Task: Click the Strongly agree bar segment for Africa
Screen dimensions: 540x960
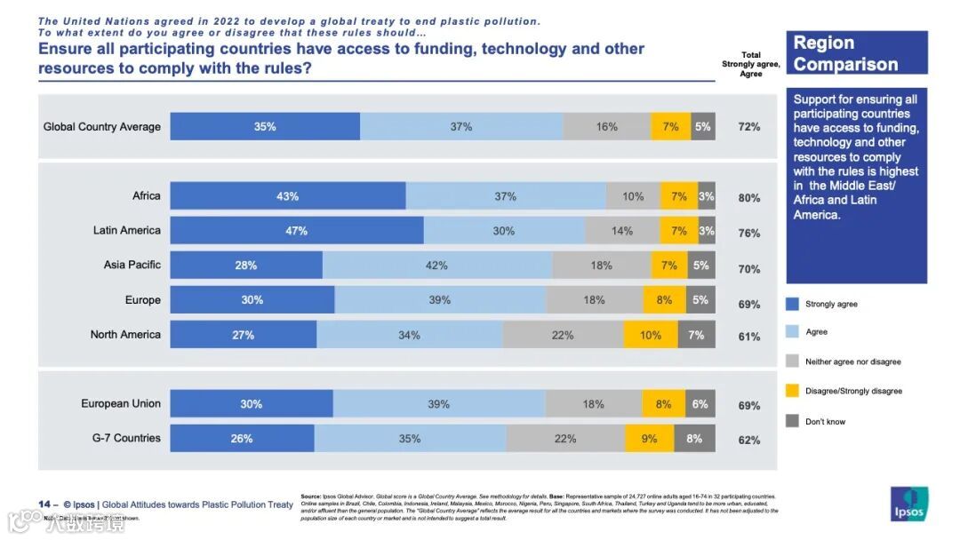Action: (x=287, y=196)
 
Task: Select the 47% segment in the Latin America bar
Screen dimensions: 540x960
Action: (x=297, y=231)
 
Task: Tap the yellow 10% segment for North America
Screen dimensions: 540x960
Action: (x=651, y=335)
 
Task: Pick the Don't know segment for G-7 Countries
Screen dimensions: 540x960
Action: (x=694, y=438)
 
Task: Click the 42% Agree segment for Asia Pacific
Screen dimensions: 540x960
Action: (x=437, y=265)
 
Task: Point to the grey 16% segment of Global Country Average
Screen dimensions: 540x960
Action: (x=607, y=126)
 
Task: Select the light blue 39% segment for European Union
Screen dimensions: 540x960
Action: (x=439, y=404)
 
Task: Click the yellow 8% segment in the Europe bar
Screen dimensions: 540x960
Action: (x=664, y=299)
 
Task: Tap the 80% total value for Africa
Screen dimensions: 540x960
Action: (x=749, y=198)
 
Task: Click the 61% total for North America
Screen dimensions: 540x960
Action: (x=749, y=337)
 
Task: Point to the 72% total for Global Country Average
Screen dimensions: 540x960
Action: (x=749, y=127)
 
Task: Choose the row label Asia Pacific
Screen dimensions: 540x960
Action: (x=132, y=265)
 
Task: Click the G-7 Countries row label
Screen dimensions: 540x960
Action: (x=126, y=438)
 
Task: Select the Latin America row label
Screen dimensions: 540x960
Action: (x=127, y=230)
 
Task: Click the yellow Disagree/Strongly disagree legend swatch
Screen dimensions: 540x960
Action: (x=792, y=391)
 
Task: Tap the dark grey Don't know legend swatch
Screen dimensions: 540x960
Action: (x=792, y=421)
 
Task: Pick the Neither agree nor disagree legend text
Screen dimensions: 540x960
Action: (x=852, y=361)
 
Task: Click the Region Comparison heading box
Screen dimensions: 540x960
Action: (x=856, y=53)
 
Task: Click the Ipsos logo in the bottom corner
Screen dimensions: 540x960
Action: (x=908, y=504)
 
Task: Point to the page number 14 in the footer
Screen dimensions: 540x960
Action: (x=44, y=504)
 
